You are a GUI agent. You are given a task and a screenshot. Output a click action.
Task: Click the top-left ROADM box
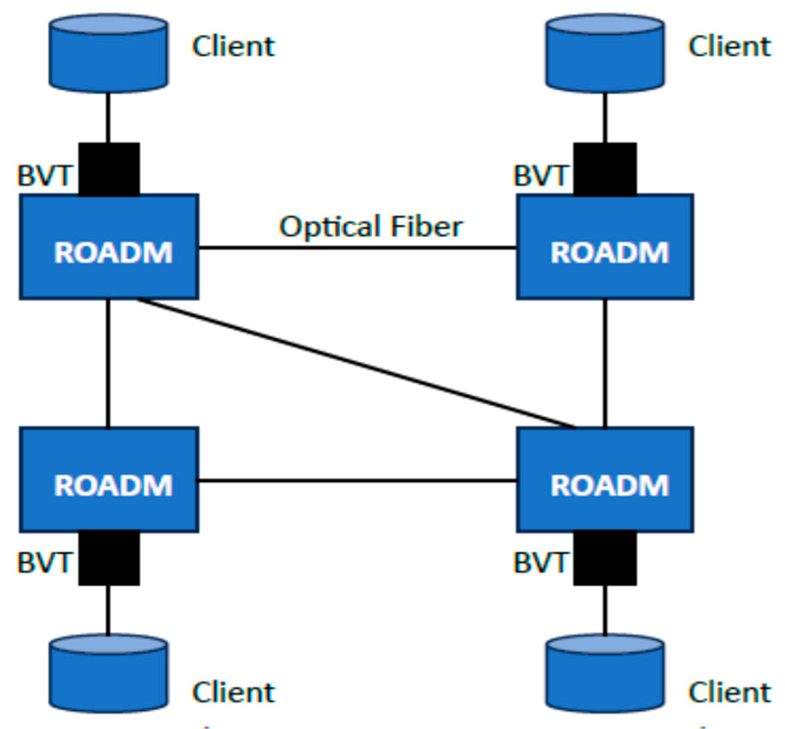[x=109, y=247]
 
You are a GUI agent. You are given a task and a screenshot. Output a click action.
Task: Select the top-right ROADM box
[x=605, y=247]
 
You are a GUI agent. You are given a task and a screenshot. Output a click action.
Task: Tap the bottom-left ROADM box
[x=109, y=479]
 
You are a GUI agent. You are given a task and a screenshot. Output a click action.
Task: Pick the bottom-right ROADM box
[x=605, y=479]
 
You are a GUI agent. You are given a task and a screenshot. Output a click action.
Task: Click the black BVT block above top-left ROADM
[x=109, y=169]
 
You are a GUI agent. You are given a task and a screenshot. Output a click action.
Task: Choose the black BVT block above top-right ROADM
[x=605, y=169]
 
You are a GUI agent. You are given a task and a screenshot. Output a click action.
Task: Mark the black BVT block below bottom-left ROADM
[x=109, y=559]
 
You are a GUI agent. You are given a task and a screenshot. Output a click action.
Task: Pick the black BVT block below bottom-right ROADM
[x=605, y=559]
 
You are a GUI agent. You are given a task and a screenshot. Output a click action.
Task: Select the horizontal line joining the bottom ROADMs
[x=357, y=481]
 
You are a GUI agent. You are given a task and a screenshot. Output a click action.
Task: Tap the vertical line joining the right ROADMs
[x=605, y=363]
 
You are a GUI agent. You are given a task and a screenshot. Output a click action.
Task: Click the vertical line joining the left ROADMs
[x=108, y=363]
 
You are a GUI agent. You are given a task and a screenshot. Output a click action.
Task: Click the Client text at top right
[x=730, y=46]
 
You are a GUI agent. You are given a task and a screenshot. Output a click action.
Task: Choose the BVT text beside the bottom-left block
[x=43, y=563]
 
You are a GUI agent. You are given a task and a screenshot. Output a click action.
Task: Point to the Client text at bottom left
[x=234, y=692]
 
